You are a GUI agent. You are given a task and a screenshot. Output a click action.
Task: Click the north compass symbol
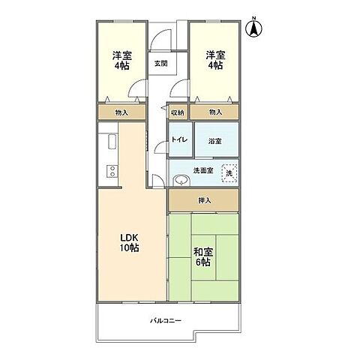[253, 28]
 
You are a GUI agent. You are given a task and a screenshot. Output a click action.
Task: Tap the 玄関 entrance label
[160, 64]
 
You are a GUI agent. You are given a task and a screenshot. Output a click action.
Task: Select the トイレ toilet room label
[179, 139]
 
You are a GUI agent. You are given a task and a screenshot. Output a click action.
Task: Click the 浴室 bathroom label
[214, 141]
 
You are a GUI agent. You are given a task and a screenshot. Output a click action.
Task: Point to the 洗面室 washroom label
[203, 171]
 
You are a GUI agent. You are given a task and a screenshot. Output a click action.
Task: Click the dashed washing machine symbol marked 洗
[229, 173]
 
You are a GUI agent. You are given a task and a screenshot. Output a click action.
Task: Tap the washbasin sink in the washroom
[181, 180]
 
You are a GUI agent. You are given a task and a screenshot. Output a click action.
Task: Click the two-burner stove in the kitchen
[112, 171]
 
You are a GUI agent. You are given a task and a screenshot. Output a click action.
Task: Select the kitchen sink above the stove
[112, 142]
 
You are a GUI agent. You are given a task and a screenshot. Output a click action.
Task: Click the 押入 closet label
[205, 200]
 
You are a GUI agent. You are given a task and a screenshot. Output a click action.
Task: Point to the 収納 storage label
[178, 112]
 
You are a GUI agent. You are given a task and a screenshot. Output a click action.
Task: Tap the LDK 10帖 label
[129, 243]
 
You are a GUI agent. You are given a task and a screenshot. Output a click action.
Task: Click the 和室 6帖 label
[203, 257]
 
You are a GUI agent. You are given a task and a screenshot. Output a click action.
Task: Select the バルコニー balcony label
[166, 320]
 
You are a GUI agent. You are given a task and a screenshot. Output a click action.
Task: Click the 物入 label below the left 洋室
[121, 112]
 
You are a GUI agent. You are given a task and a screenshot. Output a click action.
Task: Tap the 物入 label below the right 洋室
[215, 112]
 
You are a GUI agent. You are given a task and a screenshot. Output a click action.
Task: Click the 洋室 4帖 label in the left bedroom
[121, 60]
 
